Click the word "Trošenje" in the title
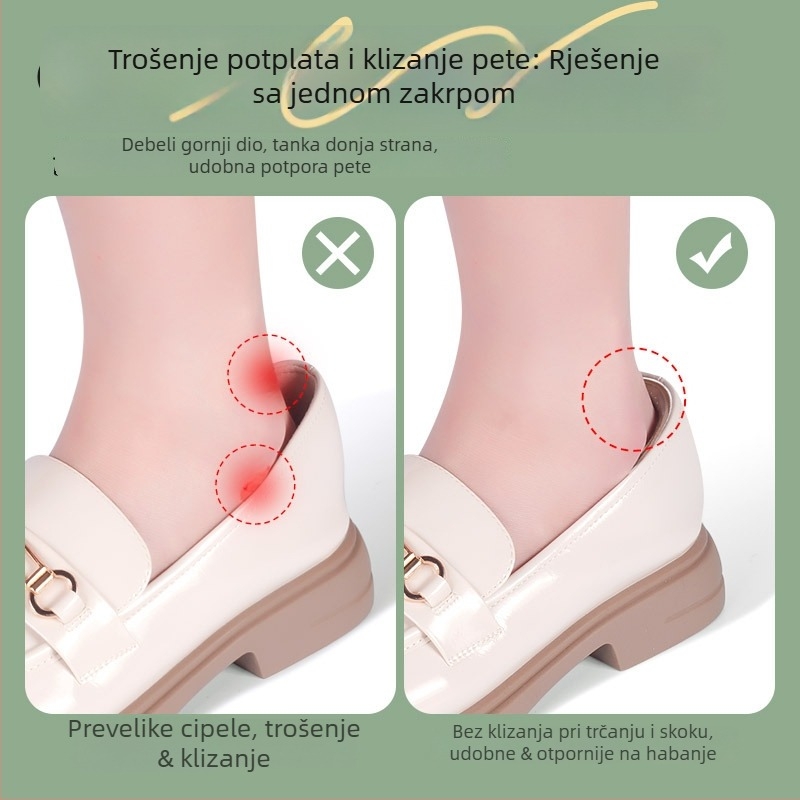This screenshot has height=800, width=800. click(x=159, y=59)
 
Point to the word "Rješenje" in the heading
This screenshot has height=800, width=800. click(x=610, y=59)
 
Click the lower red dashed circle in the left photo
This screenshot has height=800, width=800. click(x=254, y=479)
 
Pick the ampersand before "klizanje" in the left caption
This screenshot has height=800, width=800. click(x=166, y=759)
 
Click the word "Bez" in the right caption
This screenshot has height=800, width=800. click(x=467, y=731)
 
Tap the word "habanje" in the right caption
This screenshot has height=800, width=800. click(x=683, y=754)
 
